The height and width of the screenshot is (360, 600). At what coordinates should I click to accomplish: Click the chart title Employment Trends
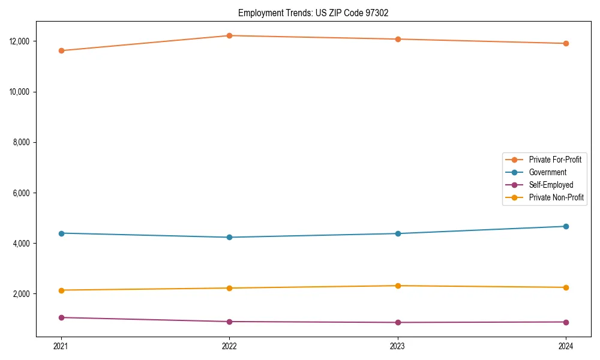tap(313, 13)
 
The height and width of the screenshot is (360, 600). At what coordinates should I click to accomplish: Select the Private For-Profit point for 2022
tap(229, 35)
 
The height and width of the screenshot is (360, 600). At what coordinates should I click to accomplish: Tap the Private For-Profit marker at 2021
tap(61, 50)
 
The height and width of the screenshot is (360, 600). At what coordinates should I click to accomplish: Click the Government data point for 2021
tap(61, 233)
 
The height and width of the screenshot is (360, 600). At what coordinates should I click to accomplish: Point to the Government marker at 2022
tap(229, 237)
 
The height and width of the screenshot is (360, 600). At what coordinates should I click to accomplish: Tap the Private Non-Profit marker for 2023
tap(398, 286)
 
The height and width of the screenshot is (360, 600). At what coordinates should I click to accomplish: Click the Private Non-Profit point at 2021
tap(61, 290)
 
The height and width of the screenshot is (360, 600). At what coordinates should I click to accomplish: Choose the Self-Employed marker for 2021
tap(61, 317)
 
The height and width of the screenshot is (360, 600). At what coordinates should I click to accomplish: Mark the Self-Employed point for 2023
tap(398, 322)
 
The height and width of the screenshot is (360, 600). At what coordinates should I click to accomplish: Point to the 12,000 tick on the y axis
tap(21, 41)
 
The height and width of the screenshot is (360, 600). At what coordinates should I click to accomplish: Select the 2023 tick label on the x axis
tap(398, 346)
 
